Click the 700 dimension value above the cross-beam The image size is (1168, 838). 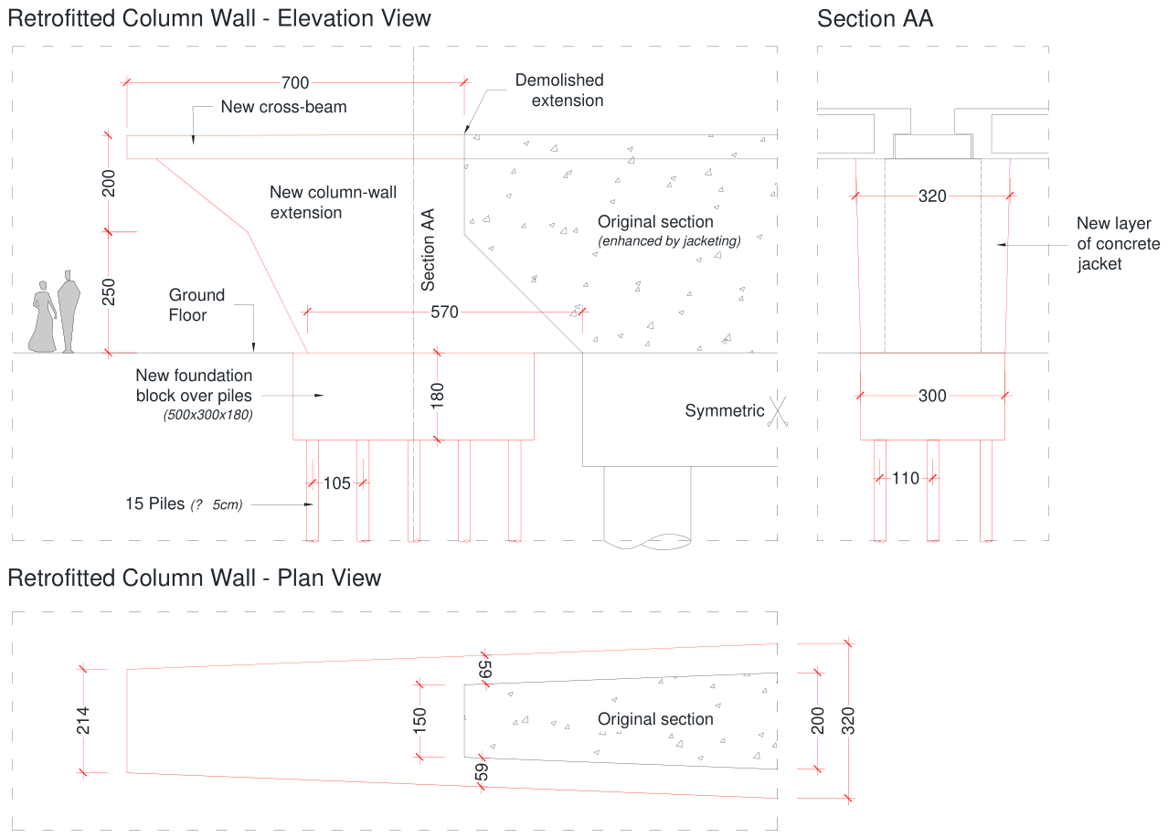coord(295,82)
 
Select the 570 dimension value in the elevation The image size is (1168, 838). coord(444,312)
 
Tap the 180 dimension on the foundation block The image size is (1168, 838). coord(437,396)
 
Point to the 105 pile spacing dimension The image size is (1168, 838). coord(337,483)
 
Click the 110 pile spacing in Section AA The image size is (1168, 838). coord(905,478)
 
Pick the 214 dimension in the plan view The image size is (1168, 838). coord(83,721)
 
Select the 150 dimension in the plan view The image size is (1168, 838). coord(419,721)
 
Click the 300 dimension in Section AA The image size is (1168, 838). coord(932,396)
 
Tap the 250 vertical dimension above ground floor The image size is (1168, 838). coord(108,292)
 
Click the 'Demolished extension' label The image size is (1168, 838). coord(559,90)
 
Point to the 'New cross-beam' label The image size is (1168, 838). coord(283,106)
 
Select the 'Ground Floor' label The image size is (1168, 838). coord(196,304)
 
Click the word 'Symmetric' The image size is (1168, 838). coord(724,410)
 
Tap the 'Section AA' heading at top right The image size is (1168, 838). coord(875,19)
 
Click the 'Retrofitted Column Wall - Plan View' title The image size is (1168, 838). coord(195,578)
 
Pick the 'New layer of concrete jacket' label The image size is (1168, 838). coord(1118,243)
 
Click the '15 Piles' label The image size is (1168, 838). coord(154,504)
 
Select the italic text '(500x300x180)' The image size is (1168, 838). coord(208,415)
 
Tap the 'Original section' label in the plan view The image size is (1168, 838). coord(655,718)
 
